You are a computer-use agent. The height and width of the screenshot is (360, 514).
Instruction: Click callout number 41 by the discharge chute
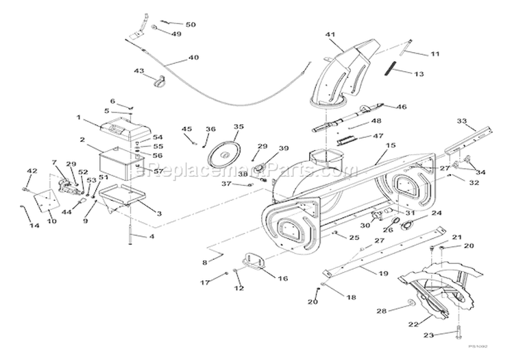click(330, 34)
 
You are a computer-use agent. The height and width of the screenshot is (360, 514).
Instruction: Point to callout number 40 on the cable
click(193, 58)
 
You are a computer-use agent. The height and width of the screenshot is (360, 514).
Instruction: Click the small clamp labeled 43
click(162, 84)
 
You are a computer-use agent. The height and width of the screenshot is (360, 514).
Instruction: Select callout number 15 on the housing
click(391, 146)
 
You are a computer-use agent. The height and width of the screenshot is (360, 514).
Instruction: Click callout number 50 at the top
click(191, 25)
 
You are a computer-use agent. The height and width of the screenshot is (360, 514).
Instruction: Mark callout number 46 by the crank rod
click(402, 107)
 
